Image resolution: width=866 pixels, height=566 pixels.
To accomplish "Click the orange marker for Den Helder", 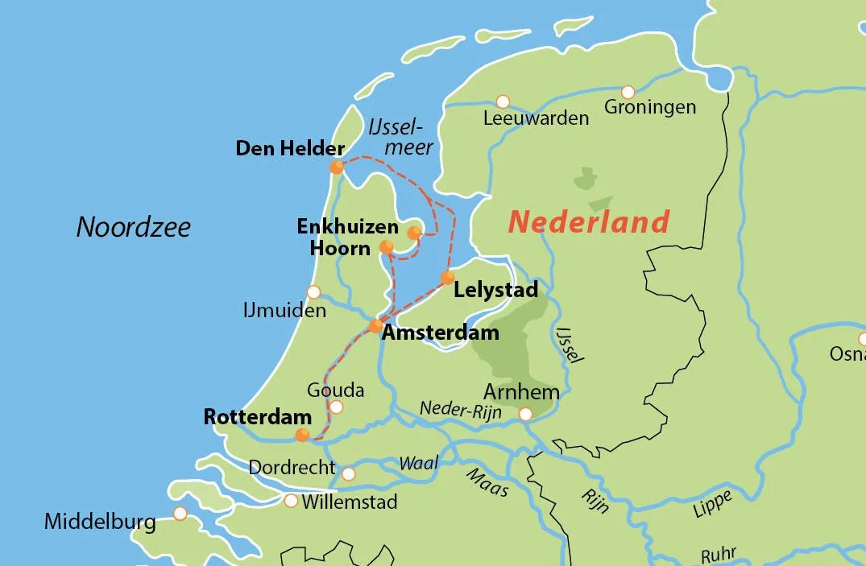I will (337, 167).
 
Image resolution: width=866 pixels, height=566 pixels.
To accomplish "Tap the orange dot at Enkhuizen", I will (414, 233).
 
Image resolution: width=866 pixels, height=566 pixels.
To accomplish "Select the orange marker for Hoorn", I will (387, 246).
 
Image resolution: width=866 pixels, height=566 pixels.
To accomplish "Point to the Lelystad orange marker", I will (447, 278).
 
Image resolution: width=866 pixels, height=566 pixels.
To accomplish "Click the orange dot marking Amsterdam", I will (375, 326).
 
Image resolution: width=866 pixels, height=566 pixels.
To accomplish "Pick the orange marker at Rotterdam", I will (302, 435).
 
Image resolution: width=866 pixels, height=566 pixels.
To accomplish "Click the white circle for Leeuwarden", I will (503, 101).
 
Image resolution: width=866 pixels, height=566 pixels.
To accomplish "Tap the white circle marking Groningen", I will (628, 92).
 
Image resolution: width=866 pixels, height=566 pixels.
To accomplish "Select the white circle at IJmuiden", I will (313, 291).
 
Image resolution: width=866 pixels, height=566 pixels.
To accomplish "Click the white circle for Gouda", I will (336, 407).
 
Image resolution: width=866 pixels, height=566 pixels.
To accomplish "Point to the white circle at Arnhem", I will (525, 415).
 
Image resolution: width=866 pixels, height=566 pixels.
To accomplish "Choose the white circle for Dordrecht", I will (348, 473).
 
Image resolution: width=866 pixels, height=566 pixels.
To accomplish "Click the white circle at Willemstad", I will (291, 502).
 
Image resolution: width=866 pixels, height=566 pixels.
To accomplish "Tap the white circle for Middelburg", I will (180, 513).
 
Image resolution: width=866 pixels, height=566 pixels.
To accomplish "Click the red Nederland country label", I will (589, 221).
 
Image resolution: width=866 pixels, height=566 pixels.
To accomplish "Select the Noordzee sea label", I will (134, 227).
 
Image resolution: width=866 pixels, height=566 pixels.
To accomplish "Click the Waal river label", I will (419, 464).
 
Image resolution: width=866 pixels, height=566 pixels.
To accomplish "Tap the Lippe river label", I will (712, 505).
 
